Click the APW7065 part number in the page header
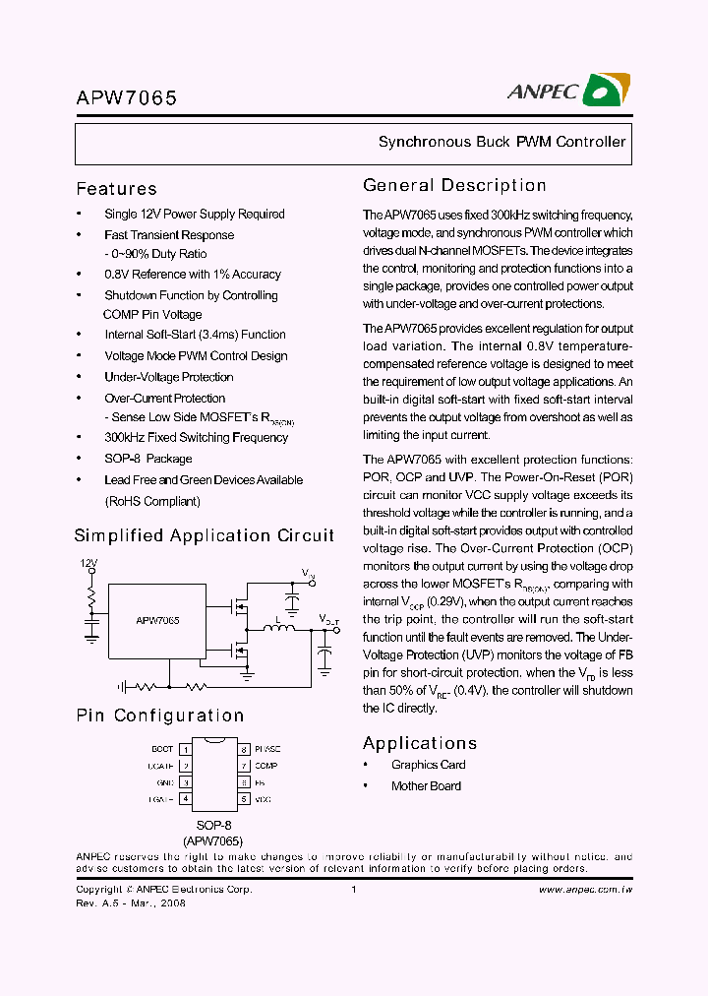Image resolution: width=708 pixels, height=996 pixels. click(x=127, y=98)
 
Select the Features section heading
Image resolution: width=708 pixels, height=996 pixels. click(x=116, y=189)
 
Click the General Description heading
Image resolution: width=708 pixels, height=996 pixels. click(x=454, y=186)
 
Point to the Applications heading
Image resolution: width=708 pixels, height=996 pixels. click(x=420, y=743)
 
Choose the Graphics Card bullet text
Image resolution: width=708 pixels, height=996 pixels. click(x=428, y=765)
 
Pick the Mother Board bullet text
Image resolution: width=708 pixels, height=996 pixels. click(x=426, y=785)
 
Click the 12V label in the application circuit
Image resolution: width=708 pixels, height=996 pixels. click(x=89, y=564)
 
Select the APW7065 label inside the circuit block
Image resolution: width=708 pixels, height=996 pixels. click(x=157, y=621)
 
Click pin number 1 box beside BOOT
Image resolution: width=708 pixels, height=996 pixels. click(x=185, y=749)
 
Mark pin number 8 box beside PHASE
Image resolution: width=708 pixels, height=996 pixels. click(x=243, y=749)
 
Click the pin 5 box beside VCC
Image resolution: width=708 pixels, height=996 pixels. click(x=243, y=799)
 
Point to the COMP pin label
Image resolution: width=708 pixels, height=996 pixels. click(x=265, y=766)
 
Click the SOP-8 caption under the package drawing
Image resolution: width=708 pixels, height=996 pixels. click(x=213, y=825)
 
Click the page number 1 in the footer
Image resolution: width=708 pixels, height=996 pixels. click(x=352, y=890)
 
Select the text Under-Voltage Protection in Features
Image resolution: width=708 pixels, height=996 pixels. click(x=168, y=377)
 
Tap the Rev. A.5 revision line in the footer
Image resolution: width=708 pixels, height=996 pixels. click(x=131, y=903)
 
